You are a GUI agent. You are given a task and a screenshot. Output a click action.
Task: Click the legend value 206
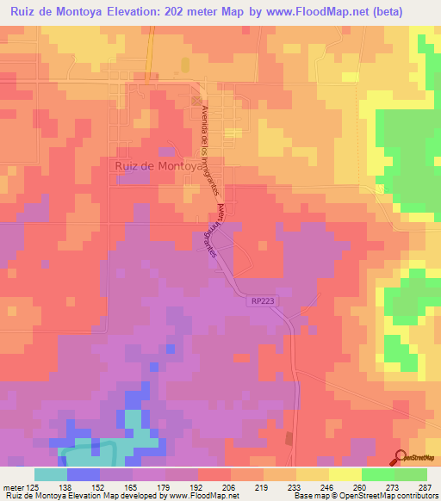(x=231, y=486)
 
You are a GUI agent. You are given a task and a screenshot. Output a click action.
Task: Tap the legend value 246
(x=329, y=486)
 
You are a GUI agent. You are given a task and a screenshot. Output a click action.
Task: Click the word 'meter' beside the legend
(x=13, y=486)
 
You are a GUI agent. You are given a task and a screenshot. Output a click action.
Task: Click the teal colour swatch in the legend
(x=50, y=474)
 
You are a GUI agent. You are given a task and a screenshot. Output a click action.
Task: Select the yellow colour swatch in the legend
(x=345, y=474)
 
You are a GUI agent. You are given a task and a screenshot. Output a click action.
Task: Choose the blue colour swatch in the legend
(x=83, y=474)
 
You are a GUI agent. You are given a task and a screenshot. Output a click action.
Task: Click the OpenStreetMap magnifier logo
(x=401, y=456)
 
